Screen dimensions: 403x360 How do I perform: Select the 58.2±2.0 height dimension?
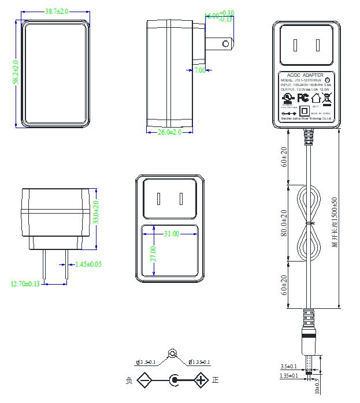(x=16, y=72)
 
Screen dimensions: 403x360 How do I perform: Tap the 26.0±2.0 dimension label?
(x=169, y=132)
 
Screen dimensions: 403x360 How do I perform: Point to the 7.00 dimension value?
(x=200, y=70)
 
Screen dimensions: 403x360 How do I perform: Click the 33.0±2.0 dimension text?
(x=96, y=213)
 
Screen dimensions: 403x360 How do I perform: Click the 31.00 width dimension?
(x=172, y=234)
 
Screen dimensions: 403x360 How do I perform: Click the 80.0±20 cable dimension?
(x=284, y=222)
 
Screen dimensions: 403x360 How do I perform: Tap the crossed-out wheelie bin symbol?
(x=326, y=97)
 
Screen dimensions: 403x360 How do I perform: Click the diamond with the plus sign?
(x=201, y=380)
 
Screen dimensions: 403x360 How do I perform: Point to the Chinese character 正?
(x=216, y=380)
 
